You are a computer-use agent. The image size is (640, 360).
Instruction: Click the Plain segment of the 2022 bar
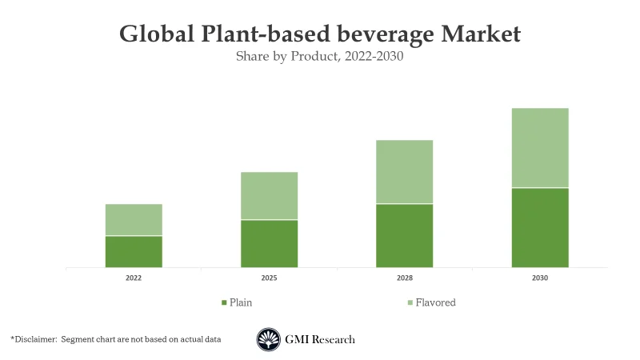tap(134, 251)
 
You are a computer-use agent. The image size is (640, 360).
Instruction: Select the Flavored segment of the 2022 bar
tap(134, 219)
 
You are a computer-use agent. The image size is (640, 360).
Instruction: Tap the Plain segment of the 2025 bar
tap(269, 243)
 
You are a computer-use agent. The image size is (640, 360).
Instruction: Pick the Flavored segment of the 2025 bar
tap(269, 195)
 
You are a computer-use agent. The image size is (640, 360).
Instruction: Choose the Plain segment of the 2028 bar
tap(405, 235)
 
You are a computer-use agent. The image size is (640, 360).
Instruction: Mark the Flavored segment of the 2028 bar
tap(405, 171)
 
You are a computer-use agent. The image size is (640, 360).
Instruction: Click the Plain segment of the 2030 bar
tap(540, 227)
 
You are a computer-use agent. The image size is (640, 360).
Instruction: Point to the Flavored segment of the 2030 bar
tap(540, 147)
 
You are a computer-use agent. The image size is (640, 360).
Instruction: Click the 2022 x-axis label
tap(134, 278)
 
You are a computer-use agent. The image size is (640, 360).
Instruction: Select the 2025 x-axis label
tap(269, 278)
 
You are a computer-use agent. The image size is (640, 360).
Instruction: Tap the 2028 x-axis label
tap(405, 278)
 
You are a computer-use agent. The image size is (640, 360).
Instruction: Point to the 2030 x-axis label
tap(540, 278)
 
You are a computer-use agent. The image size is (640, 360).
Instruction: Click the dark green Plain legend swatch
tap(224, 303)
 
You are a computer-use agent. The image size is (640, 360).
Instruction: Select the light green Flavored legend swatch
tap(410, 303)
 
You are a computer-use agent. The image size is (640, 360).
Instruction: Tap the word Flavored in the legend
tap(435, 302)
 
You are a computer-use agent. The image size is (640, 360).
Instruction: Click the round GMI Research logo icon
tap(268, 339)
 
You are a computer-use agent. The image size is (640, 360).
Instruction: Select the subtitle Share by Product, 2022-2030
tap(319, 57)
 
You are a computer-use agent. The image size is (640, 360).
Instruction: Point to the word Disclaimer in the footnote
tap(35, 339)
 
